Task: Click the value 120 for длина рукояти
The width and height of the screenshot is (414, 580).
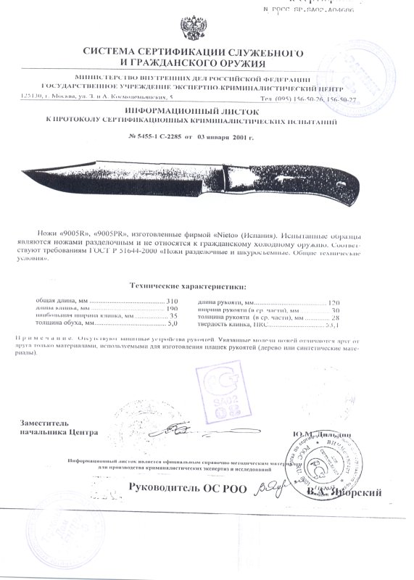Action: point(334,301)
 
